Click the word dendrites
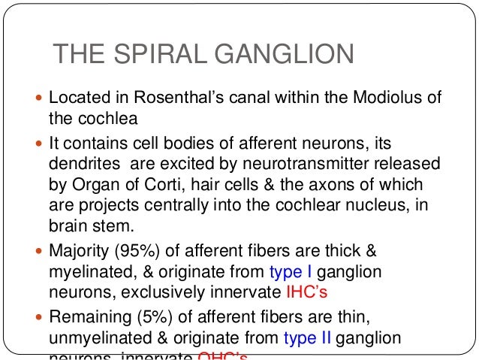[82, 164]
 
